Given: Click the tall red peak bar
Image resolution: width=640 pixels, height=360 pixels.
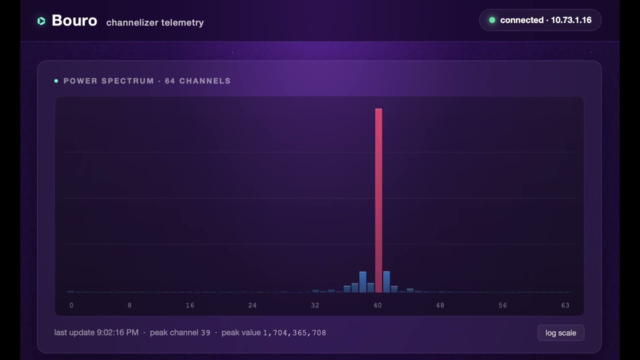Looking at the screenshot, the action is (x=378, y=200).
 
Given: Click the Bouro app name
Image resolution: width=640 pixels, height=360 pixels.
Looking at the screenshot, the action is (x=74, y=20).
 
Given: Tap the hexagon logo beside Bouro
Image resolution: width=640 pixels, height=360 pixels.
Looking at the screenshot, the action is (x=41, y=21).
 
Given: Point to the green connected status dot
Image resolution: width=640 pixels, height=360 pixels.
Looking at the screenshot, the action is (x=492, y=20).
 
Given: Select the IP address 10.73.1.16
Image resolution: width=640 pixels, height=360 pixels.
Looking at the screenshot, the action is (x=571, y=20).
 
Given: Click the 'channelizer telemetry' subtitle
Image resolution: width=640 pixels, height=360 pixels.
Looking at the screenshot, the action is (x=155, y=22).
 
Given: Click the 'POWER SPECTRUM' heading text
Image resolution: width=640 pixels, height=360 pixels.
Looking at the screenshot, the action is (x=108, y=81).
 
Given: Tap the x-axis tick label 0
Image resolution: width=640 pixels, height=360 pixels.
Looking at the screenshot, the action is (x=71, y=305).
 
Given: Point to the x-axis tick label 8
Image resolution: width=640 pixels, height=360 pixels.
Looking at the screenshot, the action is (x=129, y=305).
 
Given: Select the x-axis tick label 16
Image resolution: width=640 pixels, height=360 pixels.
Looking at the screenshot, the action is (x=190, y=305).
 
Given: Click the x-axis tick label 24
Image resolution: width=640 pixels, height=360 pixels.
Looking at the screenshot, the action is (x=252, y=305).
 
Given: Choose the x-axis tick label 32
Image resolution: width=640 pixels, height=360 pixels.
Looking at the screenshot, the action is (x=315, y=305).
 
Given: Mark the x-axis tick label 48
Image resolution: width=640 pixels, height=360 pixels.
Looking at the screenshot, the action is (x=440, y=305).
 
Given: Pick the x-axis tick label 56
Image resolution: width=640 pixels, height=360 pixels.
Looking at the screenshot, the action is (x=503, y=305).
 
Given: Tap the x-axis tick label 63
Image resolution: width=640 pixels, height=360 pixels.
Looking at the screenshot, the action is (x=565, y=305).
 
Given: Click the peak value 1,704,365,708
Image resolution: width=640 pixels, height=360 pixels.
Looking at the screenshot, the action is (x=294, y=333).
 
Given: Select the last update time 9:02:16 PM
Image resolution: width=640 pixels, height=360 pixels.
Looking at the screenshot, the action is (x=117, y=332).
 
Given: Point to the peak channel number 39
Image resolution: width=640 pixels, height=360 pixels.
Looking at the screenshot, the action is (x=205, y=333).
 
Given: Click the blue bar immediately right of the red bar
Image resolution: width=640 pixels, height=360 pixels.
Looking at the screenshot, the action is (x=386, y=282).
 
